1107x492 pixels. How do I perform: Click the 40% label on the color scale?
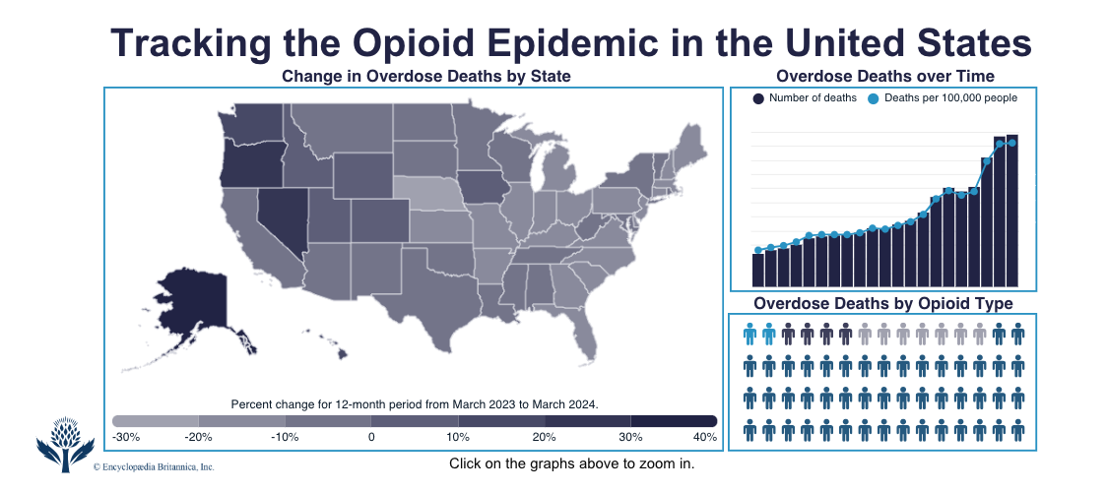point(704,437)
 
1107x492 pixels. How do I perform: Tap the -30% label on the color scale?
point(126,437)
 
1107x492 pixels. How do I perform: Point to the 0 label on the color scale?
point(371,437)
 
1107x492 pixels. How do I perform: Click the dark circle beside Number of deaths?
point(758,98)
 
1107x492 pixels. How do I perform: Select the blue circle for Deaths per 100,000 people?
point(874,98)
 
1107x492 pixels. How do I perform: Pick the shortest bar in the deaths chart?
point(758,269)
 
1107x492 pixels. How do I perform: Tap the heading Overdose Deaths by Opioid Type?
point(882,304)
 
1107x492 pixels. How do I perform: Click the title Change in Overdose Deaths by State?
point(425,76)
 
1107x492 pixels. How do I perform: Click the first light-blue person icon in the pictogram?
point(749,336)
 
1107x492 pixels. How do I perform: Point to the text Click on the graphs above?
point(571,463)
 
